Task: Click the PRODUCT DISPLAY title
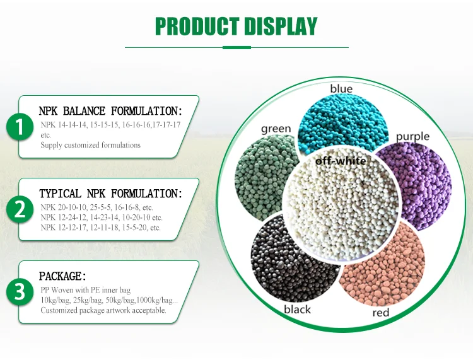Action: click(x=236, y=26)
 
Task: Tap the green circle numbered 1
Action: click(x=20, y=127)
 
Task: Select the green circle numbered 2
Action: click(x=20, y=209)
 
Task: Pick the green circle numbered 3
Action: click(x=20, y=292)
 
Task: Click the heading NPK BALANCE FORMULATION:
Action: click(x=110, y=111)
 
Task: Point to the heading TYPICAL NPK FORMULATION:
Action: click(x=110, y=194)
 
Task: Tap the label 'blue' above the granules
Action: click(x=341, y=90)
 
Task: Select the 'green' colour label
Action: click(x=276, y=129)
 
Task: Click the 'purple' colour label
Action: click(x=412, y=136)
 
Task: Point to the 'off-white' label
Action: click(x=341, y=161)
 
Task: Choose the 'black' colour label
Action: click(x=297, y=310)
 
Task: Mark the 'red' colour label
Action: click(x=381, y=312)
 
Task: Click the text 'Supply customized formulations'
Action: click(x=91, y=145)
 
